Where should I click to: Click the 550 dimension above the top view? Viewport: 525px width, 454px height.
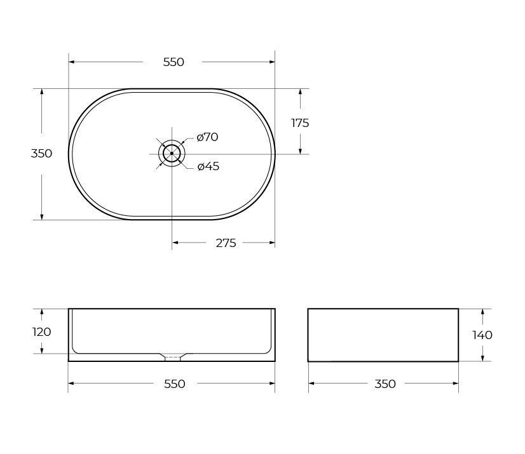click(174, 62)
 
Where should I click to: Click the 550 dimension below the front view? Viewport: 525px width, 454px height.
click(174, 384)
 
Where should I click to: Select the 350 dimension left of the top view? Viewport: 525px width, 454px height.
click(41, 154)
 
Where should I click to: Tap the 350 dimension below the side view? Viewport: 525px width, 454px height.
click(385, 384)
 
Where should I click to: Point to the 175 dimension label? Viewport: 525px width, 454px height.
click(300, 123)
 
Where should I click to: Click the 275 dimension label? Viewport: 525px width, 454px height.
click(226, 243)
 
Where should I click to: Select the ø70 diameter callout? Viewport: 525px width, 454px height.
click(208, 137)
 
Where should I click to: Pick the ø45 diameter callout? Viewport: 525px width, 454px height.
click(208, 166)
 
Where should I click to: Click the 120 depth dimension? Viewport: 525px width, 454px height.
click(41, 332)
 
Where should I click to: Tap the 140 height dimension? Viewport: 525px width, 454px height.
click(482, 335)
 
